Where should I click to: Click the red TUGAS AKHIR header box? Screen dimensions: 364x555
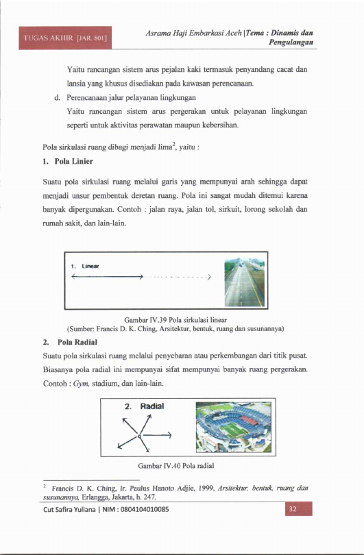click(65, 38)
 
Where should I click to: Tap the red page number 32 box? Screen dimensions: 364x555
click(298, 508)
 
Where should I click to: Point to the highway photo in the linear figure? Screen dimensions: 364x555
click(244, 282)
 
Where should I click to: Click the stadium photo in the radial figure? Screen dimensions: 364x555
click(234, 428)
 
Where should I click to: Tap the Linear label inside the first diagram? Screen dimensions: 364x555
click(90, 266)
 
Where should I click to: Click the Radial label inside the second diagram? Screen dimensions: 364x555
click(152, 406)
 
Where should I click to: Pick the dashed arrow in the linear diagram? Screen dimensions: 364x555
click(177, 277)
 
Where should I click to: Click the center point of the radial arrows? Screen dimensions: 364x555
click(139, 436)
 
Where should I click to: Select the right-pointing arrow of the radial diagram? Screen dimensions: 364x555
click(156, 435)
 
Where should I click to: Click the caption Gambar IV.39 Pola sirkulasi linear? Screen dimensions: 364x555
click(175, 320)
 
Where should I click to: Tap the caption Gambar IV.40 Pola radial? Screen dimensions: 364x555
click(176, 466)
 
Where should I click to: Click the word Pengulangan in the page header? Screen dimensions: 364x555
click(291, 42)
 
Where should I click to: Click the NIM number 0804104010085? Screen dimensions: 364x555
click(145, 510)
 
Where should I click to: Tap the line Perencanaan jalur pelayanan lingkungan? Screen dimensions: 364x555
click(132, 97)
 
